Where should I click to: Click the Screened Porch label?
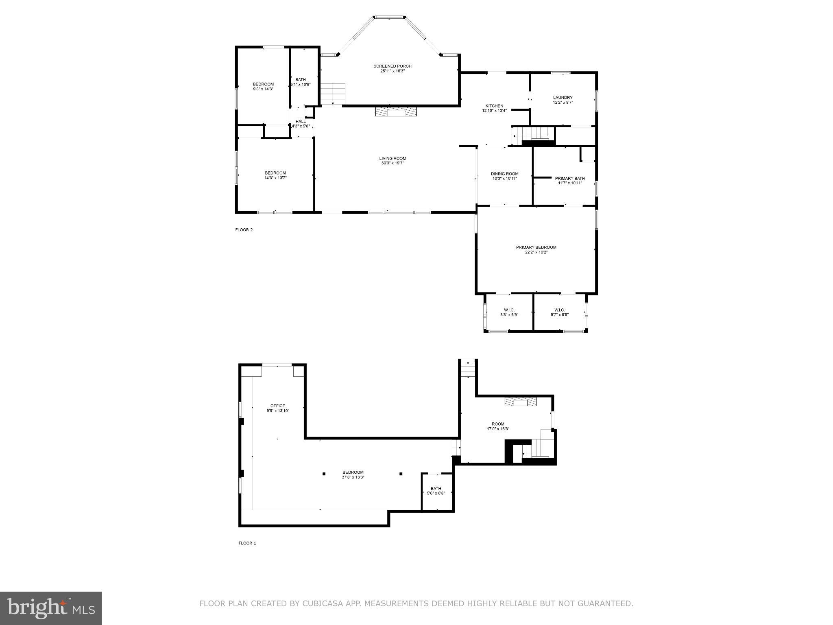pyautogui.click(x=392, y=66)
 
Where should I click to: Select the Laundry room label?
pyautogui.click(x=563, y=97)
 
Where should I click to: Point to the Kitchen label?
pyautogui.click(x=494, y=106)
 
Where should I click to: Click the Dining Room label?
pyautogui.click(x=504, y=174)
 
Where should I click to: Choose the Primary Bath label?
pyautogui.click(x=570, y=178)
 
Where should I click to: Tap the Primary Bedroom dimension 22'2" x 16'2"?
pyautogui.click(x=536, y=252)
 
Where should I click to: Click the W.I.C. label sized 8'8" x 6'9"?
pyautogui.click(x=509, y=310)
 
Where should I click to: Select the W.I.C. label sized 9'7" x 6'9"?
pyautogui.click(x=559, y=310)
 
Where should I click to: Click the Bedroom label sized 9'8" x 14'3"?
pyautogui.click(x=263, y=84)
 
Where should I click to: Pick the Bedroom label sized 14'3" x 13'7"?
pyautogui.click(x=275, y=173)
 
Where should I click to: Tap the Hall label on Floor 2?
pyautogui.click(x=301, y=121)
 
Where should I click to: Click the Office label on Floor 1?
pyautogui.click(x=278, y=406)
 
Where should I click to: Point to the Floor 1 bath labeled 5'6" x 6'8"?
pyautogui.click(x=436, y=489)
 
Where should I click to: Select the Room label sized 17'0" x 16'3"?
pyautogui.click(x=498, y=424)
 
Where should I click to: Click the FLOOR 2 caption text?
pyautogui.click(x=244, y=230)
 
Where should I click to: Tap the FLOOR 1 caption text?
pyautogui.click(x=247, y=543)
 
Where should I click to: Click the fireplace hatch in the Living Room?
pyautogui.click(x=396, y=111)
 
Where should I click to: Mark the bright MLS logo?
pyautogui.click(x=51, y=608)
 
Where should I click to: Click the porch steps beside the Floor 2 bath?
pyautogui.click(x=332, y=93)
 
